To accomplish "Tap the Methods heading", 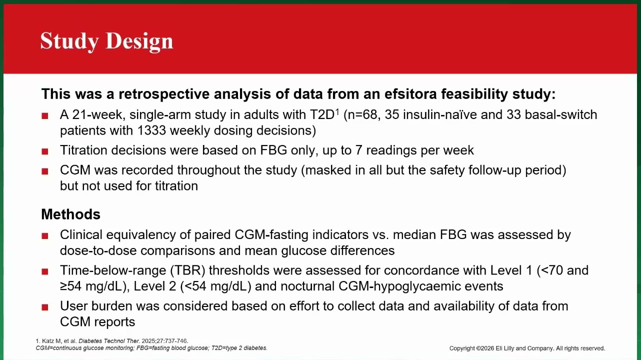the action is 70,214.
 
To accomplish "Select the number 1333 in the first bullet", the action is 151,130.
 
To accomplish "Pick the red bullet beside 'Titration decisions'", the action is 45,151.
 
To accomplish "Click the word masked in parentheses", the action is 323,170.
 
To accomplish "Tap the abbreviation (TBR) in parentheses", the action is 187,270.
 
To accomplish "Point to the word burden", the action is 111,306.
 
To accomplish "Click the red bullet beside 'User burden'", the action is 45,307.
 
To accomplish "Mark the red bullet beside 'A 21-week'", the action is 45,115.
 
